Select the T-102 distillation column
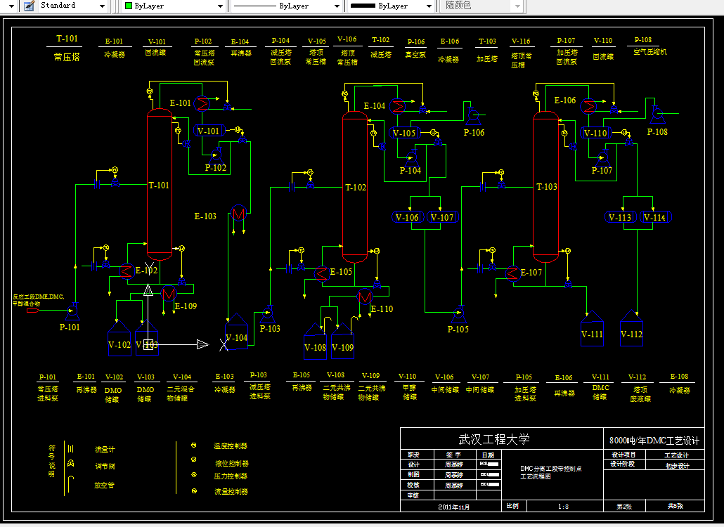355,188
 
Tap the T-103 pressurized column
546,186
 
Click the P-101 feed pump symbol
74,307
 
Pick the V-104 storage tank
236,337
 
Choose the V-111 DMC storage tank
592,332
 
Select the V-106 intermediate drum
407,218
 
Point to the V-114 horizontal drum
654,218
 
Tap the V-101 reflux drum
209,131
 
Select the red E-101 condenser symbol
202,104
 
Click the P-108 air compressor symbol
656,112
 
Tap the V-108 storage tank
315,342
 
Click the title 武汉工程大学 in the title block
494,440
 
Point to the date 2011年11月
453,507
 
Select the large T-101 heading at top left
67,39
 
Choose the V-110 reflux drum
595,133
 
